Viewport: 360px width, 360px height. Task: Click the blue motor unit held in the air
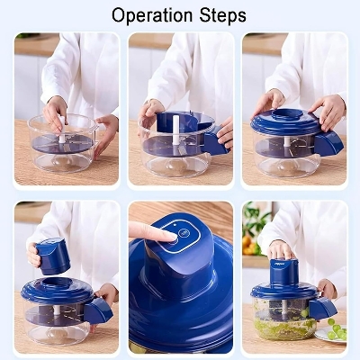pyautogui.click(x=54, y=256)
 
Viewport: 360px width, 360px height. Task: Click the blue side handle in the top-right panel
pyautogui.click(x=329, y=142)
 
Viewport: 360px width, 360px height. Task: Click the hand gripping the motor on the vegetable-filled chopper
pyautogui.click(x=282, y=250)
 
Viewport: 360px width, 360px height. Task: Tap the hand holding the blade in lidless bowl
pyautogui.click(x=56, y=112)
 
